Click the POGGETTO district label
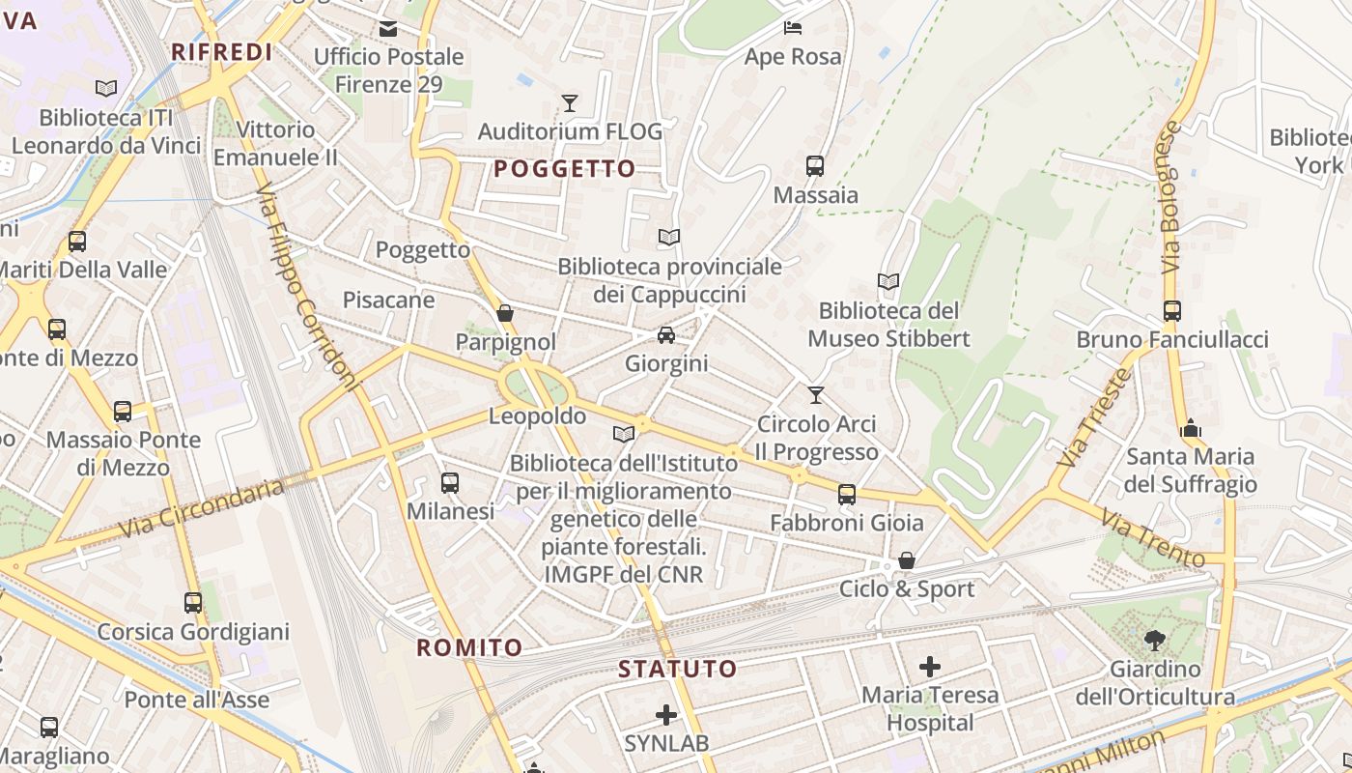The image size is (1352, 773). (565, 169)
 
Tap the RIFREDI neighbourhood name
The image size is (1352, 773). (221, 52)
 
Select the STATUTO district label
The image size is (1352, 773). (677, 669)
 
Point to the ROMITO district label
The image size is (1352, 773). (469, 647)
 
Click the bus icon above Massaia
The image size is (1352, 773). (815, 166)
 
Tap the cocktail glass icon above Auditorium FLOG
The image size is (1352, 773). (570, 102)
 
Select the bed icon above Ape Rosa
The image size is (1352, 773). (793, 28)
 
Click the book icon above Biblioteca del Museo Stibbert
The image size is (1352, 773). (888, 281)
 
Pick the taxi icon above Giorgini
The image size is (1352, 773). (666, 335)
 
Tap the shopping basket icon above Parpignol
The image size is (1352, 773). (505, 313)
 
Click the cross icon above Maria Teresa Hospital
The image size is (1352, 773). (930, 667)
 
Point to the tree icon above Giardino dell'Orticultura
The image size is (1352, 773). (1154, 640)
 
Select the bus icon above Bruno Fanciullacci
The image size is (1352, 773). (1172, 311)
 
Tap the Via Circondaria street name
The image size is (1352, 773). (202, 508)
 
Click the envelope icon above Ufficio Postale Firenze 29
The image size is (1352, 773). (388, 29)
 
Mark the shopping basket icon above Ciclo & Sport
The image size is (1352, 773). (907, 560)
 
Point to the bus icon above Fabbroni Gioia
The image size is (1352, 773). (847, 495)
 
